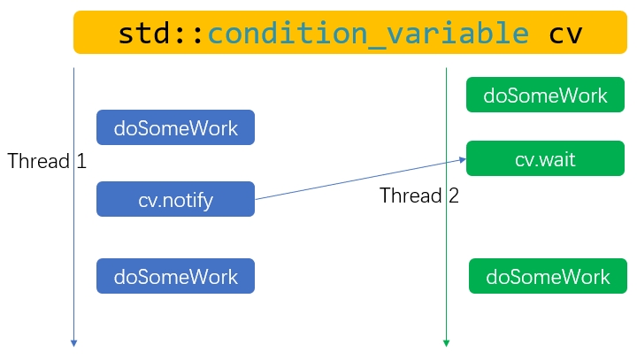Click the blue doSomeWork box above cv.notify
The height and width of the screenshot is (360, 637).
click(175, 127)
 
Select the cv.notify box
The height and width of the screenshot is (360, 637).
click(175, 199)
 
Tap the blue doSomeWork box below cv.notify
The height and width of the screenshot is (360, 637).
click(175, 276)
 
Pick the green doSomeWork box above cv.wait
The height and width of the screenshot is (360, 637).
click(546, 95)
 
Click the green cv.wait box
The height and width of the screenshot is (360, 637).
click(546, 158)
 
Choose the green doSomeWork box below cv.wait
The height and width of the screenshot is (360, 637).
click(548, 276)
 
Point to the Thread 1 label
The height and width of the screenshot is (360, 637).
click(47, 161)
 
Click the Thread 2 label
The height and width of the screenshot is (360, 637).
click(419, 195)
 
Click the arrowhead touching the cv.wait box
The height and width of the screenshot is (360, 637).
click(462, 160)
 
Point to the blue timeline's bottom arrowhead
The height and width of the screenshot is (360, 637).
click(73, 342)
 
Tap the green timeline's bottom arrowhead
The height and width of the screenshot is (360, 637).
click(446, 342)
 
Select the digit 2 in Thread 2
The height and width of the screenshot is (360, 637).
click(453, 195)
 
